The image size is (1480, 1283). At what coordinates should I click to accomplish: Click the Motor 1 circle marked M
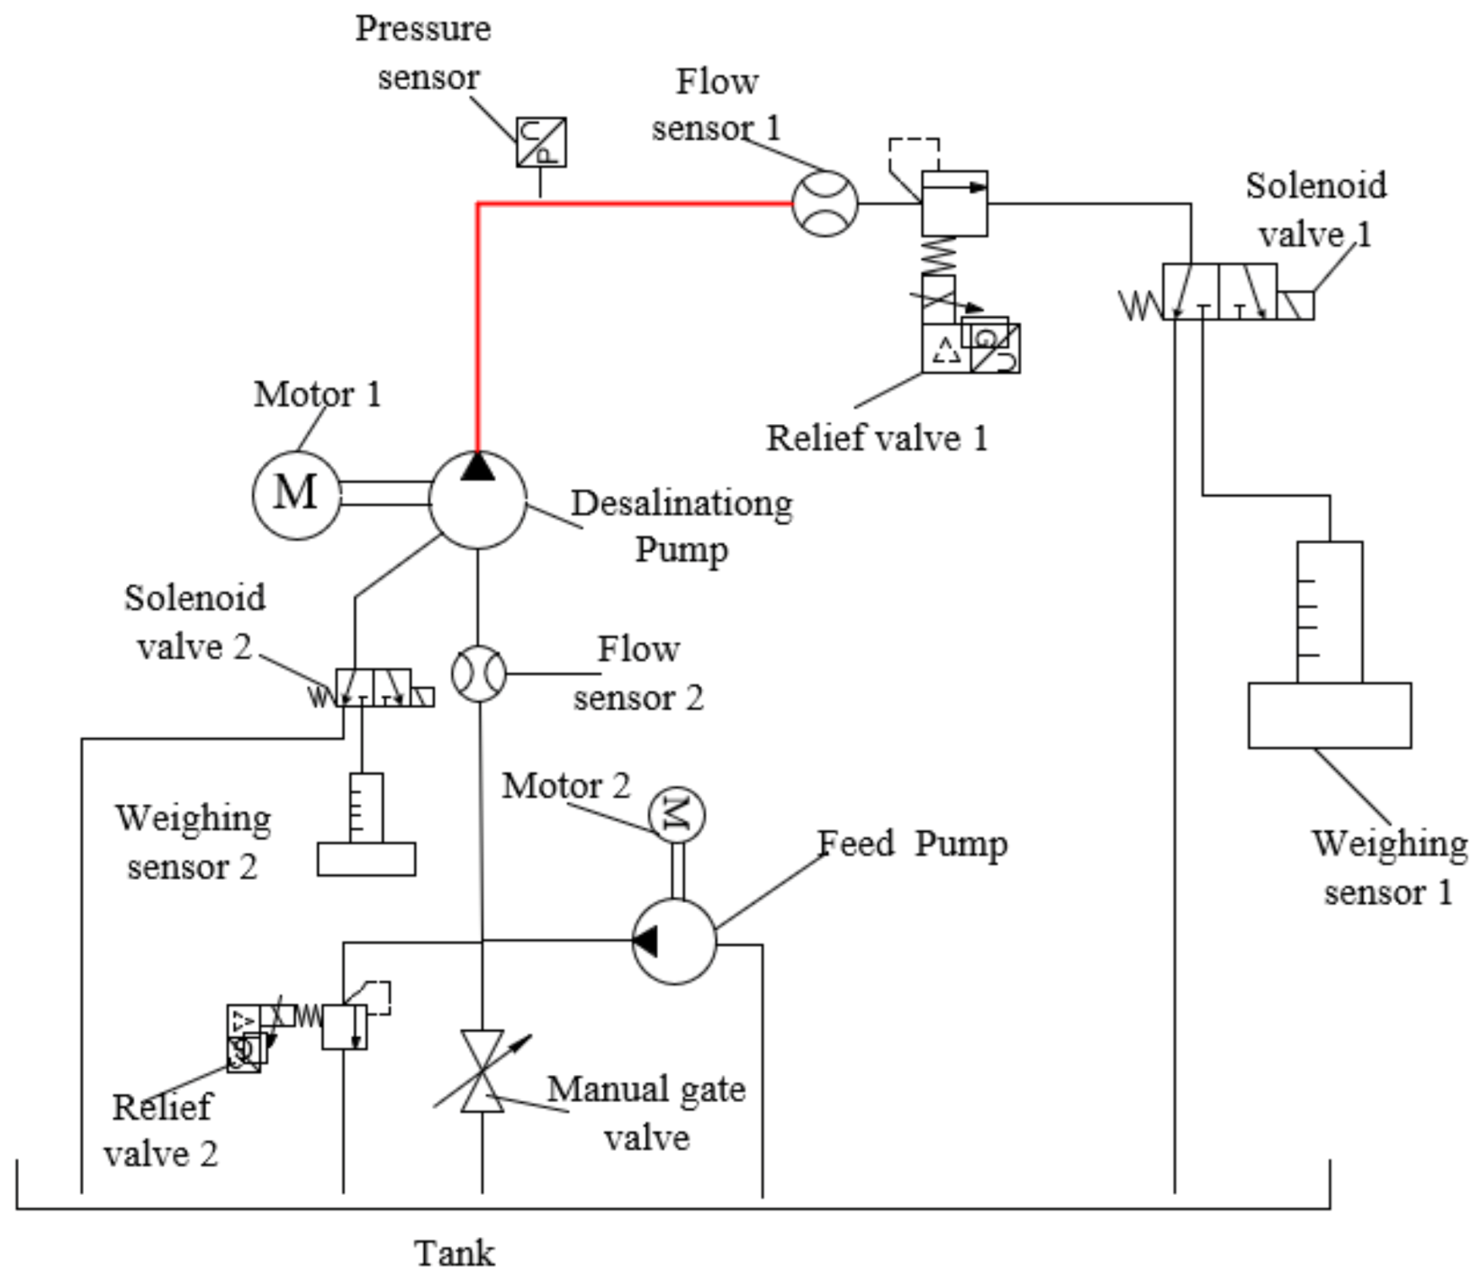tap(296, 495)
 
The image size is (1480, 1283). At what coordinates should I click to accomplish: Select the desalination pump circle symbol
tap(477, 501)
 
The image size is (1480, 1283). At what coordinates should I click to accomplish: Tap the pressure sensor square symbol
tap(541, 142)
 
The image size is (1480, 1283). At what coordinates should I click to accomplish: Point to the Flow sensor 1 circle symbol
tap(825, 203)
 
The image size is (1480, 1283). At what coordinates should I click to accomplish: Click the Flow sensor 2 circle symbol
tap(478, 673)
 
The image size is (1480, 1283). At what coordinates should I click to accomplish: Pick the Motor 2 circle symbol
tap(676, 815)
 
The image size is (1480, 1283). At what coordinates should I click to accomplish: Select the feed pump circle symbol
tap(674, 942)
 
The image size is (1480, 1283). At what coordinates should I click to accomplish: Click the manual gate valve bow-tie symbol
tap(482, 1071)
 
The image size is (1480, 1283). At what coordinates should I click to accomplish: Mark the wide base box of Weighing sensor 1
tap(1329, 716)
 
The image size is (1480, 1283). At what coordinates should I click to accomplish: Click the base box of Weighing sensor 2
tap(366, 859)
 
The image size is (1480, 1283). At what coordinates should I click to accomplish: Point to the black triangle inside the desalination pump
tap(477, 466)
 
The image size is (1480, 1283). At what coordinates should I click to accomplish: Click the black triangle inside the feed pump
tap(645, 942)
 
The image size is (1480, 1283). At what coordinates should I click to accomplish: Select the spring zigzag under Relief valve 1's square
tap(939, 255)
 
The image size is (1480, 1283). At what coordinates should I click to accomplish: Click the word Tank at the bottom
tap(454, 1253)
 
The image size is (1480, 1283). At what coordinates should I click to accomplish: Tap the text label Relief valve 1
tap(876, 438)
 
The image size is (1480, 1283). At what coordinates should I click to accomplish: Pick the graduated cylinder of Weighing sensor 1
tap(1329, 612)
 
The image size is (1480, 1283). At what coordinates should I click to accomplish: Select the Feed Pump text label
tap(912, 845)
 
